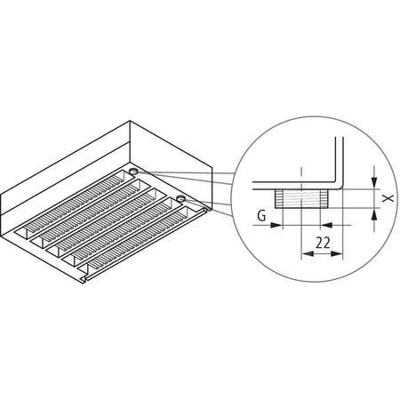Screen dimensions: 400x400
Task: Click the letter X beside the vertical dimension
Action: click(388, 199)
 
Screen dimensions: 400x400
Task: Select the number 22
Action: click(323, 241)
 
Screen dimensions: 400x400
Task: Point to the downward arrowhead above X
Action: click(373, 185)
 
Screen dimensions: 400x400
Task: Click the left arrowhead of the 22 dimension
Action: click(307, 254)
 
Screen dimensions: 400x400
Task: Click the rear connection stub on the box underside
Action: click(132, 170)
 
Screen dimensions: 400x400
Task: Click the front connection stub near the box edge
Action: click(180, 198)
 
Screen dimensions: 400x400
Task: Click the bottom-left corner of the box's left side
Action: click(17, 241)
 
